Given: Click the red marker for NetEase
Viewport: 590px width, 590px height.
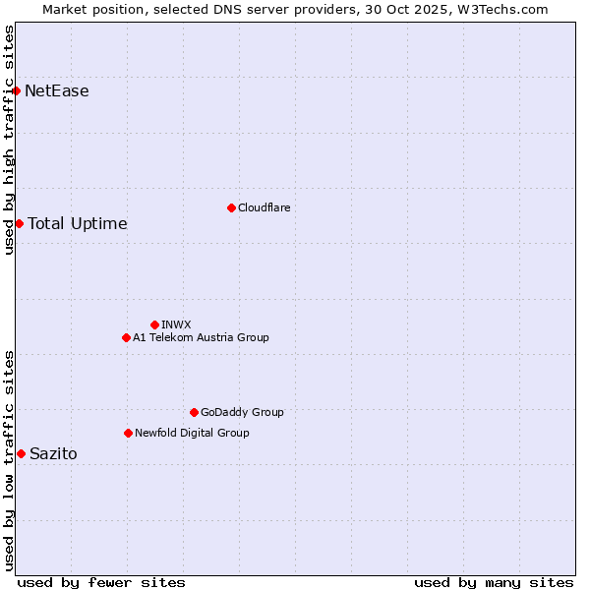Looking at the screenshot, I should pos(16,91).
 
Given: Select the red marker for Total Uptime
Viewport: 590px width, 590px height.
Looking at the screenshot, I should pos(19,223).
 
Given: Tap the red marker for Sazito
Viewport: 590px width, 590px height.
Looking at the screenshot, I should pos(21,453).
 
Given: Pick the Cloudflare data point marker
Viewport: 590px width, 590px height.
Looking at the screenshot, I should pos(231,207).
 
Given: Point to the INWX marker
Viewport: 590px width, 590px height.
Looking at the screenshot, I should pos(154,324).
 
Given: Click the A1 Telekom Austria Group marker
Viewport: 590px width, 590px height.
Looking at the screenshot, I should pos(126,337).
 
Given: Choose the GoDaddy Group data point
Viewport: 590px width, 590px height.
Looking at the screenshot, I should pos(194,412).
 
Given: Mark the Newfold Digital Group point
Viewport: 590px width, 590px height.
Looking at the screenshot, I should pos(128,433).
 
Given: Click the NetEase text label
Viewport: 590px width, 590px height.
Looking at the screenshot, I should pos(57,91).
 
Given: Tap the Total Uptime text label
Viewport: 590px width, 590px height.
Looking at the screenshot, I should pos(78,223).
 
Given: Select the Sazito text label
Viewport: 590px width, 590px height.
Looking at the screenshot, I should pos(53,453).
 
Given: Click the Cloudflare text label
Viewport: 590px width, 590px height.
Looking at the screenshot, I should pos(265,207).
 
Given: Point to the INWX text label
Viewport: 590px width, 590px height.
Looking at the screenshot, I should pos(176,324).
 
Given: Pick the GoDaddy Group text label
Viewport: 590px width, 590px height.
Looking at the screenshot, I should pos(242,412).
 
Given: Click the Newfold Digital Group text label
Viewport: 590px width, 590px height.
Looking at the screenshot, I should pos(192,433).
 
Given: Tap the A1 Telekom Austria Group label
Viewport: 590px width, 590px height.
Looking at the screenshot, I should pos(201,337).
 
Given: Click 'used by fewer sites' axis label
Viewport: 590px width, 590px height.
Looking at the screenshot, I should pos(101,582).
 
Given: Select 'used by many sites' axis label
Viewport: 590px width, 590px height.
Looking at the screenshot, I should pos(494,582).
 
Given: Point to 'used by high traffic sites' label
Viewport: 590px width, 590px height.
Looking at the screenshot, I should pos(9,140).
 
